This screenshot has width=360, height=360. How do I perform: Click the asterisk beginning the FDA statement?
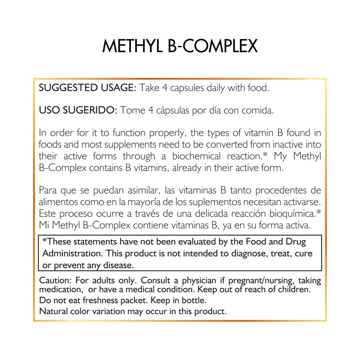pos(44,241)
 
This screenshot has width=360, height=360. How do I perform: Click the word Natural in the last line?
pos(53,310)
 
